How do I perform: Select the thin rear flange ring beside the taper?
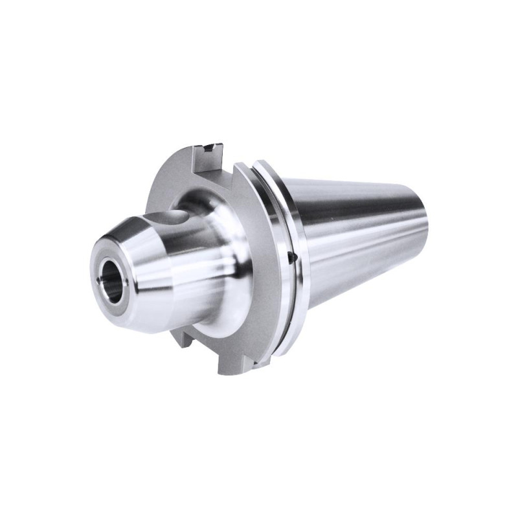pos(285,214)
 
